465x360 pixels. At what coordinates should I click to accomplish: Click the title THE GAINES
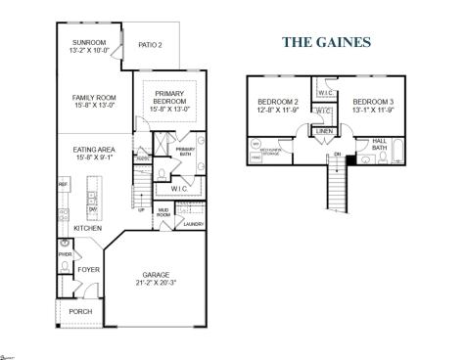point(326,42)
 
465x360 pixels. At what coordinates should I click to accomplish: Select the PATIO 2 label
point(150,44)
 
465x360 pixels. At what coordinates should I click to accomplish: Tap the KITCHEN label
point(88,228)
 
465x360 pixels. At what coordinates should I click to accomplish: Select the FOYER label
point(89,268)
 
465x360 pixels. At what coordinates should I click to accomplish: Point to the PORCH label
point(81,312)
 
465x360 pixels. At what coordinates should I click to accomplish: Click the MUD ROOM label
point(164,211)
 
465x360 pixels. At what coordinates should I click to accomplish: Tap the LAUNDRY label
point(192,224)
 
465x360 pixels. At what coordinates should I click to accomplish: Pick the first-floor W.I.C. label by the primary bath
point(179,188)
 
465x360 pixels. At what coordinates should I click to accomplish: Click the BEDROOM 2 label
point(278,102)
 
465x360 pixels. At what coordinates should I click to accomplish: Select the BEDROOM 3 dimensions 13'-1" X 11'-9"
point(372,110)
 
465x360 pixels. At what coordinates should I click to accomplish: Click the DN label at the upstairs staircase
point(337,153)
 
